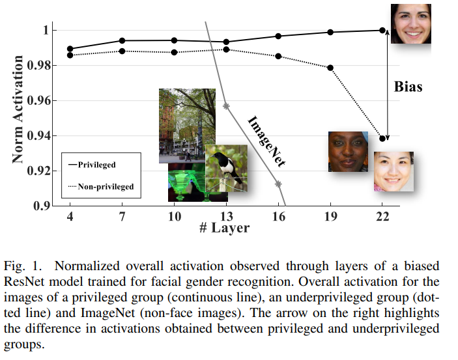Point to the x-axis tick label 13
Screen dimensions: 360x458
pos(226,216)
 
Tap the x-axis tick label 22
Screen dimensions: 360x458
pos(382,216)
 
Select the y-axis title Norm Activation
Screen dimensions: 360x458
pos(18,109)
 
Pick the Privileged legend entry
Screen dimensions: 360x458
pos(96,165)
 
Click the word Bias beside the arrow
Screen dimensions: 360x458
pos(408,86)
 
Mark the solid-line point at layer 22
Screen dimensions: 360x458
pos(382,30)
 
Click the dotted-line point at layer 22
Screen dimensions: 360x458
pos(382,139)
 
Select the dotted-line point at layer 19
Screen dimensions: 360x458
pos(330,68)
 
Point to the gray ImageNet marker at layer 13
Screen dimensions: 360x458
pos(226,105)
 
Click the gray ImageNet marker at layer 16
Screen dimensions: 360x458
pos(278,184)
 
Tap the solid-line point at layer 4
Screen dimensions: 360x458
pos(70,49)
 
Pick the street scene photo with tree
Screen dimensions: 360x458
pos(186,124)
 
